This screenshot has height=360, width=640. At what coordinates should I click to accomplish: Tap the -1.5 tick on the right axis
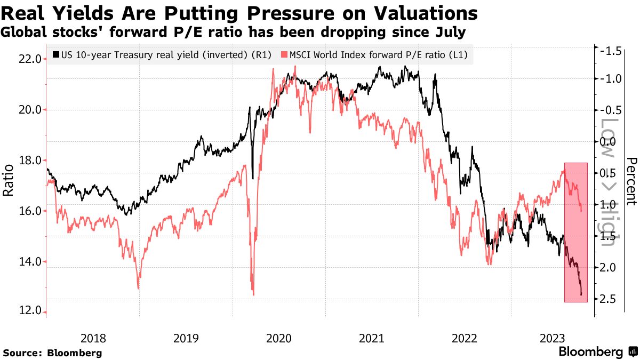[609, 51]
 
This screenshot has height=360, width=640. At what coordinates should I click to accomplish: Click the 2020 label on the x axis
[278, 338]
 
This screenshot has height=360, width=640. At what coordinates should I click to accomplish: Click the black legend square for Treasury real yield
[56, 54]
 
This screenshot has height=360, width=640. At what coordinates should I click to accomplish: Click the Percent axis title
[632, 181]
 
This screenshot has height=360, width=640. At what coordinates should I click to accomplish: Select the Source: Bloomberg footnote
[52, 353]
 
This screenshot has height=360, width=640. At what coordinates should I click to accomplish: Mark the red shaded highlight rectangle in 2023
[576, 232]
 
